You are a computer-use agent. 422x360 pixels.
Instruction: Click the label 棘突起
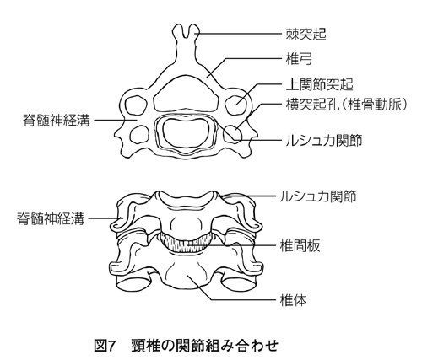[306, 34]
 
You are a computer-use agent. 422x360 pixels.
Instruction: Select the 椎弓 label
[299, 59]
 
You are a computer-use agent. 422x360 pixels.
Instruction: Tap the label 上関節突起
[319, 84]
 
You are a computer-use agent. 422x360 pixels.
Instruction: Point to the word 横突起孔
[312, 105]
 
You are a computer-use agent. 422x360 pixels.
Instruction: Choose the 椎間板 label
[300, 245]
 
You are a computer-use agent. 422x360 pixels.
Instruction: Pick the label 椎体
[293, 300]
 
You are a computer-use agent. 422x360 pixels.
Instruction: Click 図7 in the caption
[105, 346]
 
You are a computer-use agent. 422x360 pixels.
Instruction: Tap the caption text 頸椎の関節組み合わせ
[205, 346]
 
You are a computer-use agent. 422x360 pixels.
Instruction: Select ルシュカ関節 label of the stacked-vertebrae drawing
[318, 196]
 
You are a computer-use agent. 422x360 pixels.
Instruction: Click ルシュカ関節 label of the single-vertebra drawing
[324, 140]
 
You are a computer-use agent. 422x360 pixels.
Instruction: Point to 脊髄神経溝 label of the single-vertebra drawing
[57, 121]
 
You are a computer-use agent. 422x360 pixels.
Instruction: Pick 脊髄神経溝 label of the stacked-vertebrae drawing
[51, 218]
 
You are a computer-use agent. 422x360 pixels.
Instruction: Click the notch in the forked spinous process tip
[185, 33]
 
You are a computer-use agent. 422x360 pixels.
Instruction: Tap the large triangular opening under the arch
[186, 94]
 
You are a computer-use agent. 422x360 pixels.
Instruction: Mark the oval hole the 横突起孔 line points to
[233, 133]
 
